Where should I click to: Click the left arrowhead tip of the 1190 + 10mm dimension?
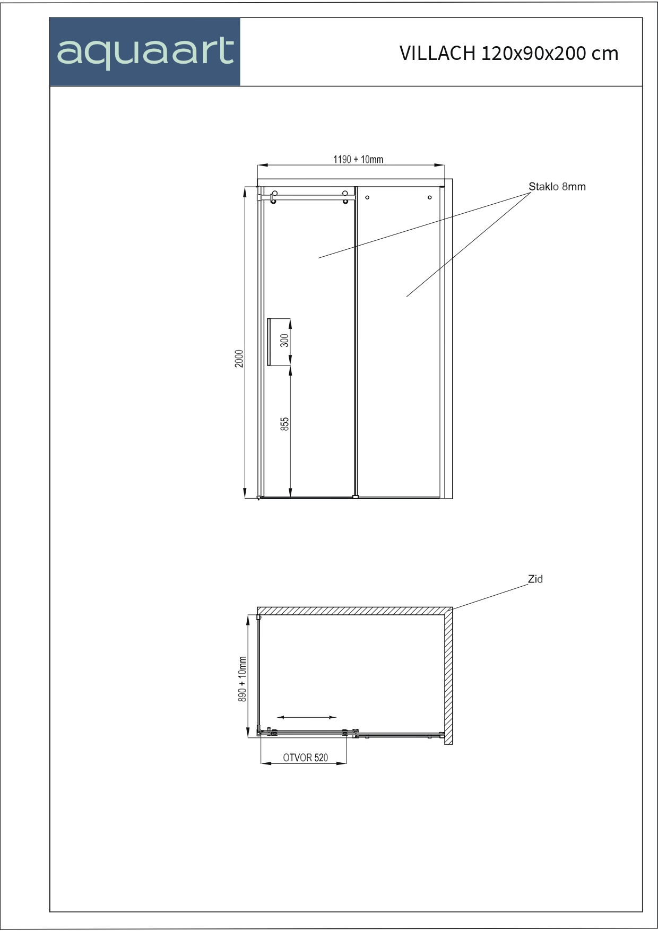258,166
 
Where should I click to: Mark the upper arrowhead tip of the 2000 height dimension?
245,187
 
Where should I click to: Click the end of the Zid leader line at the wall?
453,610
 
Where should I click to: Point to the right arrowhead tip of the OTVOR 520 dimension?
347,763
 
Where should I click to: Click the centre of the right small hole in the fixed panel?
430,197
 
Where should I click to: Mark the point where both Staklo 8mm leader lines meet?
531,193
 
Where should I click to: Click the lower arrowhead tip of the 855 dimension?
290,498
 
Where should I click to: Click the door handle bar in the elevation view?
269,342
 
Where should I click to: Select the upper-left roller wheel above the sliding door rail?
275,193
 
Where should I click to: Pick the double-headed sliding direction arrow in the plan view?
307,717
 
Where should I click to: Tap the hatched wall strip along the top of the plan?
355,611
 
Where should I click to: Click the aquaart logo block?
145,52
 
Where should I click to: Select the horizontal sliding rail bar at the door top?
306,197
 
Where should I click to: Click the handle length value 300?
285,340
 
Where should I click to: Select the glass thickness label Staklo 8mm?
557,187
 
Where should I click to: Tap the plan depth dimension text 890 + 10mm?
243,679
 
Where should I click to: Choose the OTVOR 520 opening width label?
306,758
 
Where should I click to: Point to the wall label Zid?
535,579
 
